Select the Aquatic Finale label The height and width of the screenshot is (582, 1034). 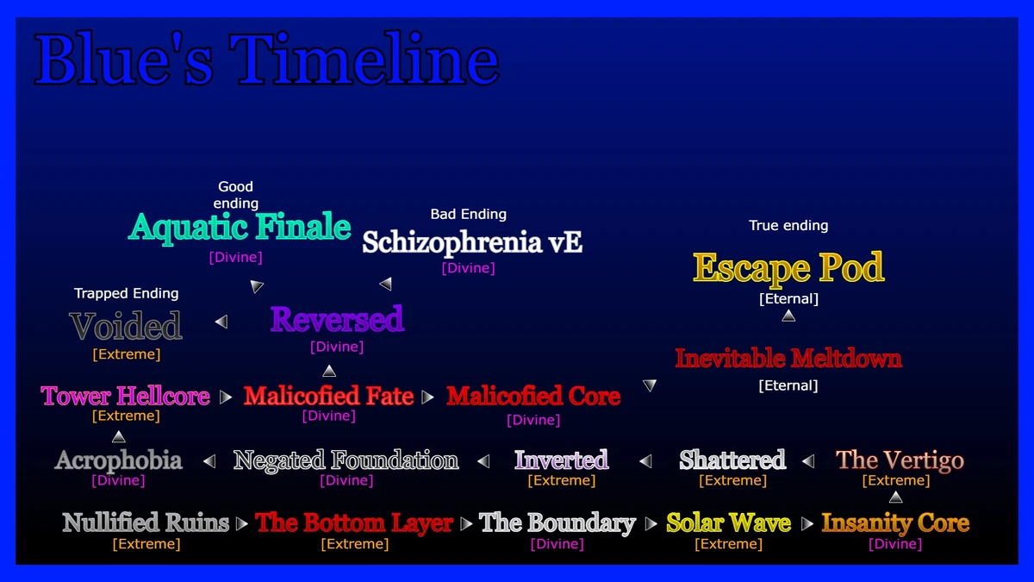[x=240, y=228]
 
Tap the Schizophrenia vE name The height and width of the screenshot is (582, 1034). [x=472, y=242]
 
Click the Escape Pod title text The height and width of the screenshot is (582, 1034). [x=788, y=268]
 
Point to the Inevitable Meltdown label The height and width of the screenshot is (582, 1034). [x=788, y=358]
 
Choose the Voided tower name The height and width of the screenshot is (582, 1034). [x=126, y=327]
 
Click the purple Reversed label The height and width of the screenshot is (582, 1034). [x=337, y=320]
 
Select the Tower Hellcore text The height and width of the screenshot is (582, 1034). [x=126, y=397]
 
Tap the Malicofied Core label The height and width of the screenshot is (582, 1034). [x=533, y=397]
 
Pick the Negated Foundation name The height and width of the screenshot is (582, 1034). [x=346, y=460]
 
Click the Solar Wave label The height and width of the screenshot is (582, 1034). [x=728, y=523]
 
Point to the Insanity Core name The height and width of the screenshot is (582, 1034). [x=895, y=523]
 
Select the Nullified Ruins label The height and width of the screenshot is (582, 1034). [x=146, y=523]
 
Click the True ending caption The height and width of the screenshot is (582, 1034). [x=788, y=225]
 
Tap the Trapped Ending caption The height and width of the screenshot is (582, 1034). [x=126, y=293]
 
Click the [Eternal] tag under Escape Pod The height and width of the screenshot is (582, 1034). [x=788, y=298]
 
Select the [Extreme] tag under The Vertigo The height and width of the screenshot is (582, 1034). [x=895, y=480]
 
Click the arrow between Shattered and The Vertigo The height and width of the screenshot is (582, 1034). [x=808, y=461]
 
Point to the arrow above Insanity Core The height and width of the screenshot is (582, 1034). [x=895, y=498]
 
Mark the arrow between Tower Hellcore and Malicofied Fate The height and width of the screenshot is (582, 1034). [x=226, y=397]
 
